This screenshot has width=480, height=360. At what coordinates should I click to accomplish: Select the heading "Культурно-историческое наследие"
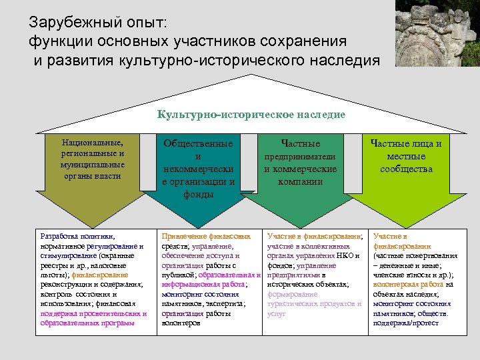click(251, 115)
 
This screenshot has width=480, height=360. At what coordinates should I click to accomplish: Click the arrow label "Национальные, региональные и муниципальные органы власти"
click(92, 159)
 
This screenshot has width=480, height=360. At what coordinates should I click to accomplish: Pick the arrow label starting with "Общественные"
click(198, 169)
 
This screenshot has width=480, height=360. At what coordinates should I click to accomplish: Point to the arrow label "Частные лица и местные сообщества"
click(406, 156)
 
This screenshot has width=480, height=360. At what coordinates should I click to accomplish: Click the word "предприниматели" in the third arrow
click(300, 157)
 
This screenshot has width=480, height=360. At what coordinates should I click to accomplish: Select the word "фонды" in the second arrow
click(198, 195)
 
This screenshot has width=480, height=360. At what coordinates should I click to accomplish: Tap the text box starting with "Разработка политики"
click(93, 279)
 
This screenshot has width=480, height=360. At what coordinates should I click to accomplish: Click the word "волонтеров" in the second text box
click(181, 323)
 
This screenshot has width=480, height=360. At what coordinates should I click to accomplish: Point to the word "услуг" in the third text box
click(277, 313)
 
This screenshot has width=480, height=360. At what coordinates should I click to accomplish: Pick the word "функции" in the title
click(55, 41)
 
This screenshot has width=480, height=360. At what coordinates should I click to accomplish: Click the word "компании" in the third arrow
click(300, 181)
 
